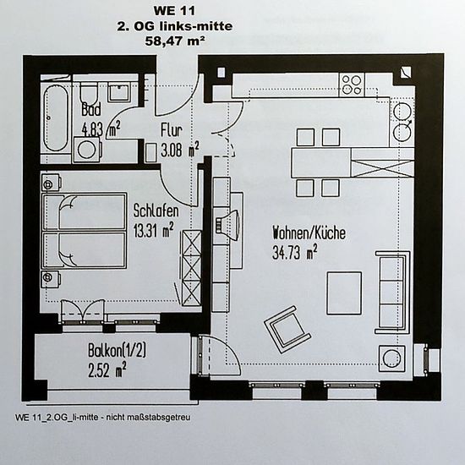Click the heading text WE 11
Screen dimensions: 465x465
pyautogui.click(x=174, y=11)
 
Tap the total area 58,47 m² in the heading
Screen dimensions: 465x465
pyautogui.click(x=175, y=41)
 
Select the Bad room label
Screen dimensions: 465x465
pyautogui.click(x=91, y=109)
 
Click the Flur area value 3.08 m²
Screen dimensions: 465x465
pyautogui.click(x=180, y=149)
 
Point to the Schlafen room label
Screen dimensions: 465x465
pyautogui.click(x=156, y=211)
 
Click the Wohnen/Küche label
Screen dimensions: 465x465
pyautogui.click(x=309, y=232)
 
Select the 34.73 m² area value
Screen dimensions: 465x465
pyautogui.click(x=295, y=253)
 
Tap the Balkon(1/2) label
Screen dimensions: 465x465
pyautogui.click(x=117, y=350)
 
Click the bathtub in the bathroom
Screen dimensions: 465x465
pyautogui.click(x=56, y=118)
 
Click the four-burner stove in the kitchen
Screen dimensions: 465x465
pyautogui.click(x=352, y=85)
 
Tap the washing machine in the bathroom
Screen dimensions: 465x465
pyautogui.click(x=86, y=149)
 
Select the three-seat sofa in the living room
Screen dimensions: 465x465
pyautogui.click(x=392, y=293)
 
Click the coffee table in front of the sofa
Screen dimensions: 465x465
pyautogui.click(x=344, y=293)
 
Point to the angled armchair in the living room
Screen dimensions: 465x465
pyautogui.click(x=287, y=330)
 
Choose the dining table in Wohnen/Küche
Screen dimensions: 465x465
pyautogui.click(x=321, y=163)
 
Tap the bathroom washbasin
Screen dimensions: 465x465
pyautogui.click(x=118, y=92)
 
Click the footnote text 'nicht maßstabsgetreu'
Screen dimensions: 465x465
pyautogui.click(x=148, y=418)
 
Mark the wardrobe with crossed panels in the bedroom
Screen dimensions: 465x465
pyautogui.click(x=191, y=268)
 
